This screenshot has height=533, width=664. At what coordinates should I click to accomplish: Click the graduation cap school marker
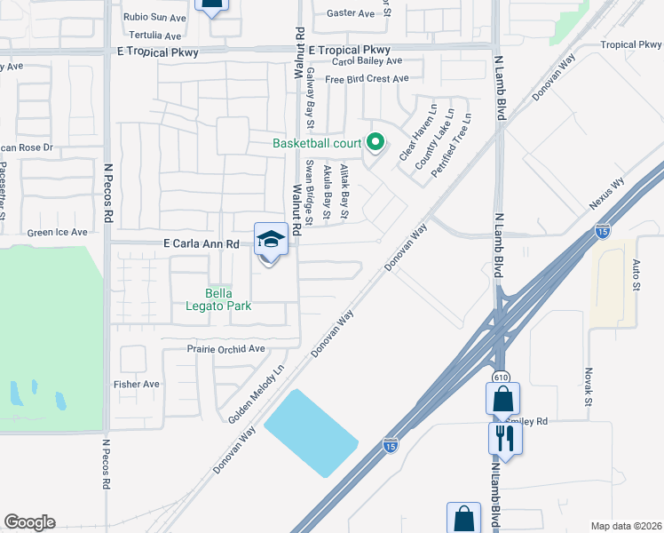coord(271,239)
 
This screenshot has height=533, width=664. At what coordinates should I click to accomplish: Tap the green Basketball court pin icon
coord(375,142)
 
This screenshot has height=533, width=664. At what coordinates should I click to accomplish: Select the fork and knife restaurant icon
coord(505,437)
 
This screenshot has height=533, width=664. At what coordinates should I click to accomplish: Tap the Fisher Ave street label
coord(136,384)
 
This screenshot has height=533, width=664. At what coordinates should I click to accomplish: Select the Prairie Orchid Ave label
coord(225,349)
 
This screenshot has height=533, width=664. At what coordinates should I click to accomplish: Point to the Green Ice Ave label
coord(58,232)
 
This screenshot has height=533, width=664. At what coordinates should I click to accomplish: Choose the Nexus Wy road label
coord(607,193)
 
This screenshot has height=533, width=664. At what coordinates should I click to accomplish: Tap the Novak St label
coord(588,389)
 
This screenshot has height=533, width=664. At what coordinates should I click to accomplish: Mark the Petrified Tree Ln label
coord(451,145)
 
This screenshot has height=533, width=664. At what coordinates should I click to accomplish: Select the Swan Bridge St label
coord(310,188)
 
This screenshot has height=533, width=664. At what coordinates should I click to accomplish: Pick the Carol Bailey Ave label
coord(368,61)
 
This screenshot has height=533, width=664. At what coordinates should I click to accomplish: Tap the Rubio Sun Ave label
coord(154,16)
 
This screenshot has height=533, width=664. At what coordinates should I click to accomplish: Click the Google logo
coord(29,522)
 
